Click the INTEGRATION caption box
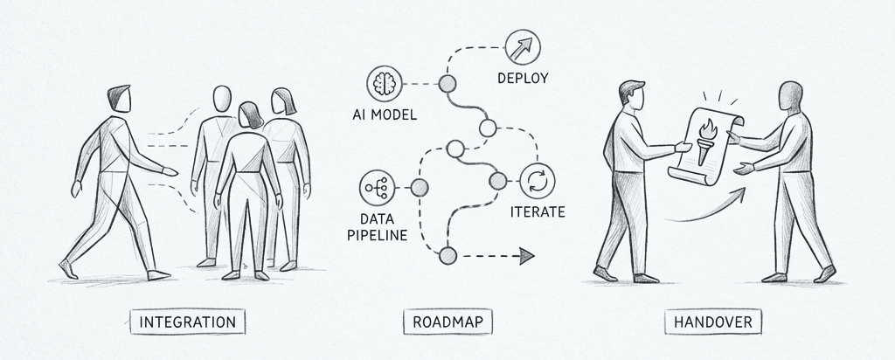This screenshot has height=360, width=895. point(187,322)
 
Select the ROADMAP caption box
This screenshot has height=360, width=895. point(447,322)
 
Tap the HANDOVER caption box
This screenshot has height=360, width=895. point(713,322)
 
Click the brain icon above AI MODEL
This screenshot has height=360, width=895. point(384,84)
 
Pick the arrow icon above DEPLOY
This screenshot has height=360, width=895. point(523,47)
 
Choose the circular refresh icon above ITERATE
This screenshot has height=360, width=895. point(538,181)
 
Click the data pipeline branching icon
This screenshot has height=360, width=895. point(377,187)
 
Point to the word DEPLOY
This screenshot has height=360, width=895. point(523,78)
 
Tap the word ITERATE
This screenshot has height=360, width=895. point(538,212)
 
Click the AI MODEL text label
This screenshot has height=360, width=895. point(385,114)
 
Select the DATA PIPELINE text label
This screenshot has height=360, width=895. point(377,226)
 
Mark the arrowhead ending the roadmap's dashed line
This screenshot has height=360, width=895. point(526,257)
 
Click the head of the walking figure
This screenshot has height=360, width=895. point(120,99)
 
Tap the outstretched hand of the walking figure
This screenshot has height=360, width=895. point(170,171)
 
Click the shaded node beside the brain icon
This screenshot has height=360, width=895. point(447,84)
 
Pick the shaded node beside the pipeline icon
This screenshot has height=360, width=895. point(420,188)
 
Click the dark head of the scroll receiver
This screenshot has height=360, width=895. point(790,96)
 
